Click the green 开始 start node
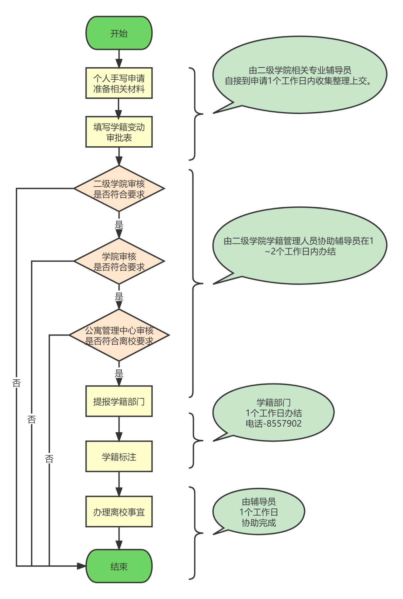coord(119,33)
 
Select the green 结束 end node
coord(119,566)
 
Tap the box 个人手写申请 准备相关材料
coord(119,83)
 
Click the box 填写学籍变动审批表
coord(119,132)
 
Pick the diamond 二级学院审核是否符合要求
coord(119,189)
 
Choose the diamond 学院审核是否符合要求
coord(119,261)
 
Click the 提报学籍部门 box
coord(119,401)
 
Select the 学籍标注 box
coord(119,456)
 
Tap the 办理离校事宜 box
coord(119,512)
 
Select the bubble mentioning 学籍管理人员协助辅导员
coord(299,246)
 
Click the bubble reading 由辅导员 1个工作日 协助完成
coord(259,512)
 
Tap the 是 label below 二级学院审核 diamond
coord(119,225)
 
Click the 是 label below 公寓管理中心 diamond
coord(119,373)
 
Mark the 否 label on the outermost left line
coord(17,383)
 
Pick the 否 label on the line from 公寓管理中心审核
coord(49,458)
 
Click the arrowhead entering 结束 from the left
coord(82,566)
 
